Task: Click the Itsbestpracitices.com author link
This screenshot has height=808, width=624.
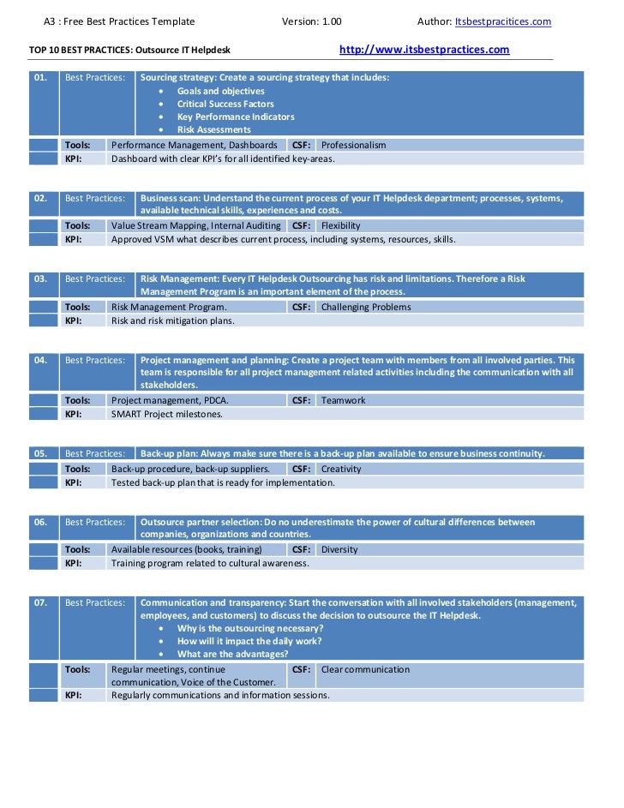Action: tap(502, 21)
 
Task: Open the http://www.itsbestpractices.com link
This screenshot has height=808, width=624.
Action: tap(424, 50)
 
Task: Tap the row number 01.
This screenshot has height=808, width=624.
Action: tap(40, 77)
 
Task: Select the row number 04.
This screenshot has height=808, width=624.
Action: tap(40, 360)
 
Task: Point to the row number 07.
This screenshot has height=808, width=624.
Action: tap(40, 603)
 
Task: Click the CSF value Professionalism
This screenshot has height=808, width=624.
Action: tap(353, 145)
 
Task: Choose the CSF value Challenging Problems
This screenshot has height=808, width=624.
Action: tap(365, 307)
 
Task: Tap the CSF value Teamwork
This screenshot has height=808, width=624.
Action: tap(343, 400)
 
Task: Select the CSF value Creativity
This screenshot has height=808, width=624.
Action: tap(341, 469)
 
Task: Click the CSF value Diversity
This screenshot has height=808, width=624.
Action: tap(339, 549)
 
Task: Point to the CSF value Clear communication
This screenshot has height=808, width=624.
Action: tap(365, 669)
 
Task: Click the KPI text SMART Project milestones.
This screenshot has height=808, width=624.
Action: tap(166, 414)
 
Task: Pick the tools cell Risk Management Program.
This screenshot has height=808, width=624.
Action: tap(169, 307)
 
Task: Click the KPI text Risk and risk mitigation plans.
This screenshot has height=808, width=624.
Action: tap(172, 320)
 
